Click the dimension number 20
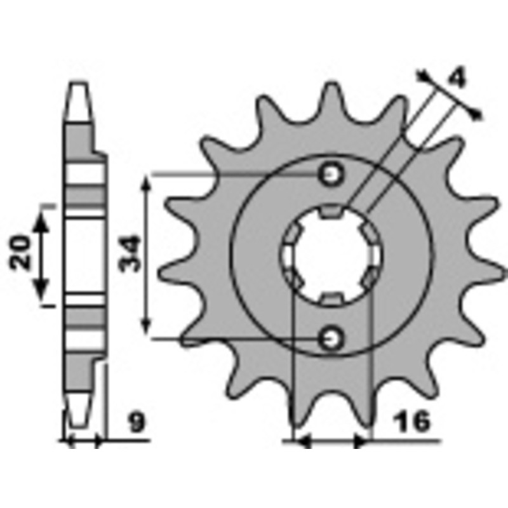[20, 252]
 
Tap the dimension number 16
[411, 422]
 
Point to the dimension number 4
[457, 78]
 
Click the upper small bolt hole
[330, 175]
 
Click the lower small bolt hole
[330, 339]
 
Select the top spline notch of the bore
[331, 211]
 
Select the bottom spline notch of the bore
[331, 298]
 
